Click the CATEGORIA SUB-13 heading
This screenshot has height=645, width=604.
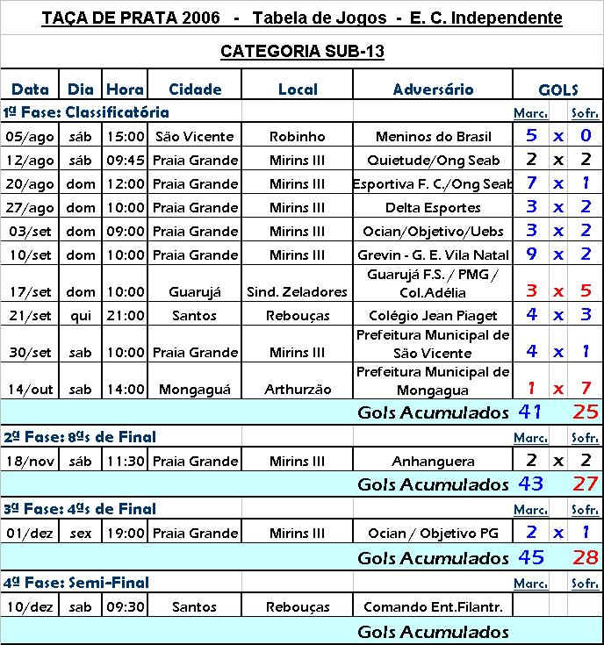click(302, 52)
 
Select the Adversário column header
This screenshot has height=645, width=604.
click(433, 90)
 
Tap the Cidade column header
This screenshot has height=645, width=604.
click(195, 90)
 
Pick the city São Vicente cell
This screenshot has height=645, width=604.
click(195, 137)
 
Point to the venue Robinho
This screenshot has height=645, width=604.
click(297, 137)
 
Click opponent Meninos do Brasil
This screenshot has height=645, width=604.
click(433, 137)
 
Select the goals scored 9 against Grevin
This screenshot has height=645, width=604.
click(531, 254)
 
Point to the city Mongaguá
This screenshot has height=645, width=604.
click(195, 389)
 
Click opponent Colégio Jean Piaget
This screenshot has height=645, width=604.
click(433, 316)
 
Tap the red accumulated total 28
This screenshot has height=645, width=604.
click(586, 557)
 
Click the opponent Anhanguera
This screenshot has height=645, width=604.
click(433, 461)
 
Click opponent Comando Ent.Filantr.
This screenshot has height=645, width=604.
click(433, 607)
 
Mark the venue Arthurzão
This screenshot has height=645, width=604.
click(297, 389)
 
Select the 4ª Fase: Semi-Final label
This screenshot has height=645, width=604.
click(76, 583)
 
